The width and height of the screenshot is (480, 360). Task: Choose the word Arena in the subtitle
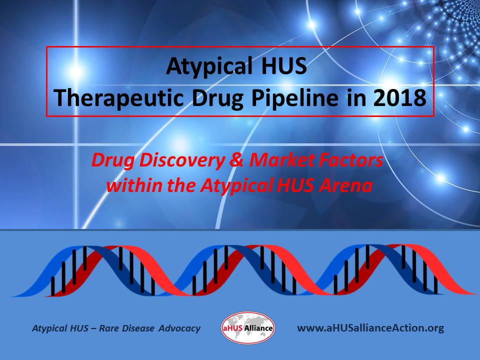(349, 186)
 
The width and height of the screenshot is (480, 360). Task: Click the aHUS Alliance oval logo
(247, 328)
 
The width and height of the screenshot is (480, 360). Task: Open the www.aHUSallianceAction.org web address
(370, 328)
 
